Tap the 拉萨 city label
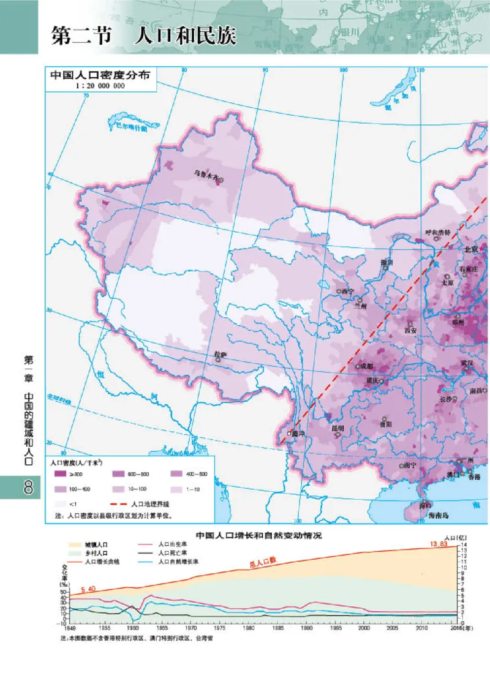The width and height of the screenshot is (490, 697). tap(220, 354)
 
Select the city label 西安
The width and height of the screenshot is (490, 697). tap(410, 330)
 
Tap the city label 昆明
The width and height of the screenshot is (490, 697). tap(337, 428)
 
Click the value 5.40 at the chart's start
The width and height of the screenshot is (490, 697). tap(88, 589)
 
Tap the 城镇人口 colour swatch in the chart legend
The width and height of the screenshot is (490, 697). tap(74, 543)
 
